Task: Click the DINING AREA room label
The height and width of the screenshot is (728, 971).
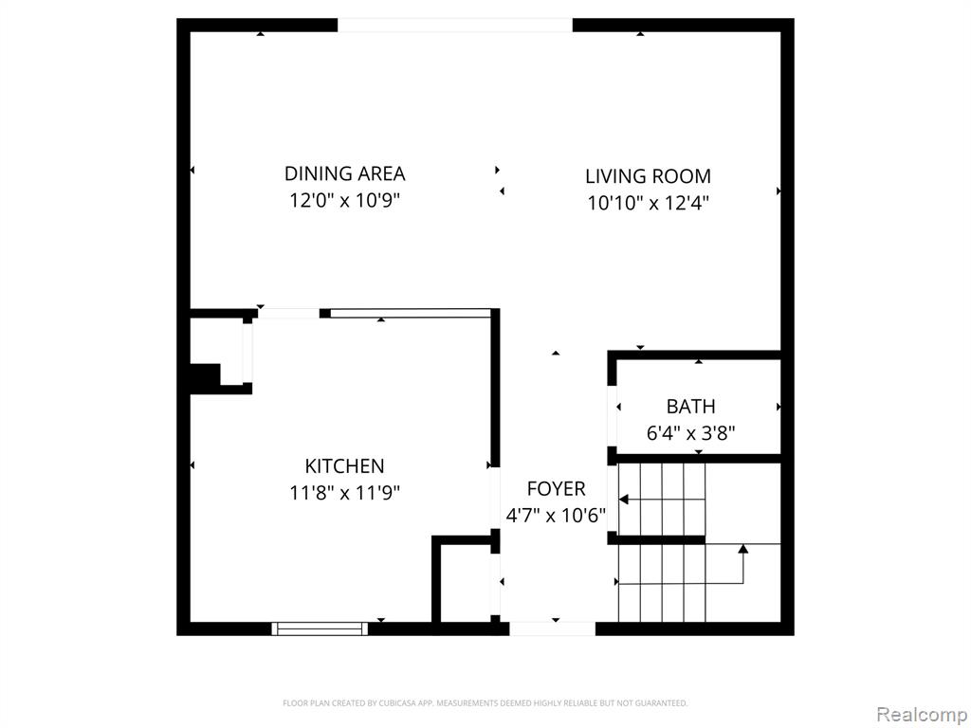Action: [344, 173]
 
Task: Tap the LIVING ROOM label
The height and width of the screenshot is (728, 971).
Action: [648, 175]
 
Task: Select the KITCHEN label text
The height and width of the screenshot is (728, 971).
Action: [344, 465]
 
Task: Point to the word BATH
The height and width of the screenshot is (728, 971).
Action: [690, 406]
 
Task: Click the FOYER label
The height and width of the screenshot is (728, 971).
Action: [556, 488]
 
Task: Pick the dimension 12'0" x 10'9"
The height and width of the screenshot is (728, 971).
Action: [345, 201]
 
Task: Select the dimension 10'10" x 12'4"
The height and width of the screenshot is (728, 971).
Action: [648, 203]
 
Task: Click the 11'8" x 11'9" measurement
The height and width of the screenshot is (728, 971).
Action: [344, 493]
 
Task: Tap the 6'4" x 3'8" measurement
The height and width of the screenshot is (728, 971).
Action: [690, 432]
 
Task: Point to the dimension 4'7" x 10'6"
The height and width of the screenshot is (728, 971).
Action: [556, 515]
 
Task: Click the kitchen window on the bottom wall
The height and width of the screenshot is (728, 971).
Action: [320, 629]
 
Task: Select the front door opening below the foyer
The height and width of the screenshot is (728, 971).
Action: [553, 629]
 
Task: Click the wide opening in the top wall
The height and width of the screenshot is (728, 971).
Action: [454, 26]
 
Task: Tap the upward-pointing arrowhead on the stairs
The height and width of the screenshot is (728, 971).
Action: [743, 549]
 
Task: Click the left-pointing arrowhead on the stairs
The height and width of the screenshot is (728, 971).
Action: [624, 499]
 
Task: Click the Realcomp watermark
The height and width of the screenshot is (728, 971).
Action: [922, 714]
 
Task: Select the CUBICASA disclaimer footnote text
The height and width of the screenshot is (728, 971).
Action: [485, 703]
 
